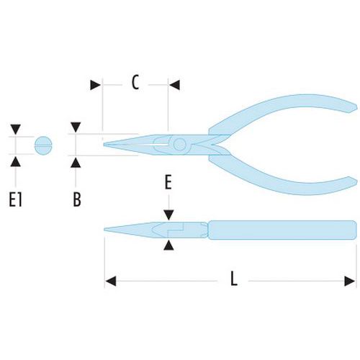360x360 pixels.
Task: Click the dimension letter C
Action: click(135, 82)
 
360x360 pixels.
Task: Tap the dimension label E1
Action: click(15, 200)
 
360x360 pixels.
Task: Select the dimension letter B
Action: click(77, 199)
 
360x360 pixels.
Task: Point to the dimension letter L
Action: click(234, 279)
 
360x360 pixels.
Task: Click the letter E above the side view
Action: click(168, 182)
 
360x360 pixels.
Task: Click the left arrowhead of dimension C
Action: click(95, 85)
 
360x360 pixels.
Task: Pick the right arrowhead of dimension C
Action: click(174, 85)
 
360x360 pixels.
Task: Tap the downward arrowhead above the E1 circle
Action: click(16, 130)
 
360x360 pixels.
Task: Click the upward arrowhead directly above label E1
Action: click(16, 161)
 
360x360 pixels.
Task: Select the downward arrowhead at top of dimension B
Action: click(76, 127)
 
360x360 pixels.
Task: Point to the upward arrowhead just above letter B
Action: click(76, 163)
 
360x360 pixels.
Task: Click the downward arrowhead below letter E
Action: click(168, 215)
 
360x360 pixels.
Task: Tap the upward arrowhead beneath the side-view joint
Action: click(168, 246)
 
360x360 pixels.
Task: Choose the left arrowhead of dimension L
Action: click(111, 281)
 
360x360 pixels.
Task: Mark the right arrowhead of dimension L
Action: click(350, 281)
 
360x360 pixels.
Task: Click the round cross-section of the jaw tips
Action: click(43, 145)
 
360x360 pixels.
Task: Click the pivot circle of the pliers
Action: click(180, 145)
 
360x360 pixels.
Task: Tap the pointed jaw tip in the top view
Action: click(105, 145)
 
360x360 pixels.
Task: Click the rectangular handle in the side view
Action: click(282, 230)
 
